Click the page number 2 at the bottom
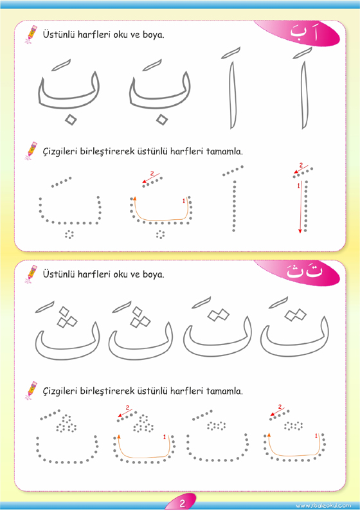[x=182, y=503]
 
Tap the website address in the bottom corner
[x=323, y=505]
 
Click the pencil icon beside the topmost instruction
[x=31, y=35]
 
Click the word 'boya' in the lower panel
[x=153, y=274]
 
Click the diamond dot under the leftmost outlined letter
[x=70, y=120]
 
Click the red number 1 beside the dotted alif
[x=298, y=186]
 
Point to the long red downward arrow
[x=301, y=207]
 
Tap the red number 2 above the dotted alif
[x=301, y=165]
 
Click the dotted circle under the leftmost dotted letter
[x=69, y=235]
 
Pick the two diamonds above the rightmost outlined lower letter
[x=295, y=315]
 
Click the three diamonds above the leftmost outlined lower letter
[x=66, y=316]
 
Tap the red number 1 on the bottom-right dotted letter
[x=316, y=436]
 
